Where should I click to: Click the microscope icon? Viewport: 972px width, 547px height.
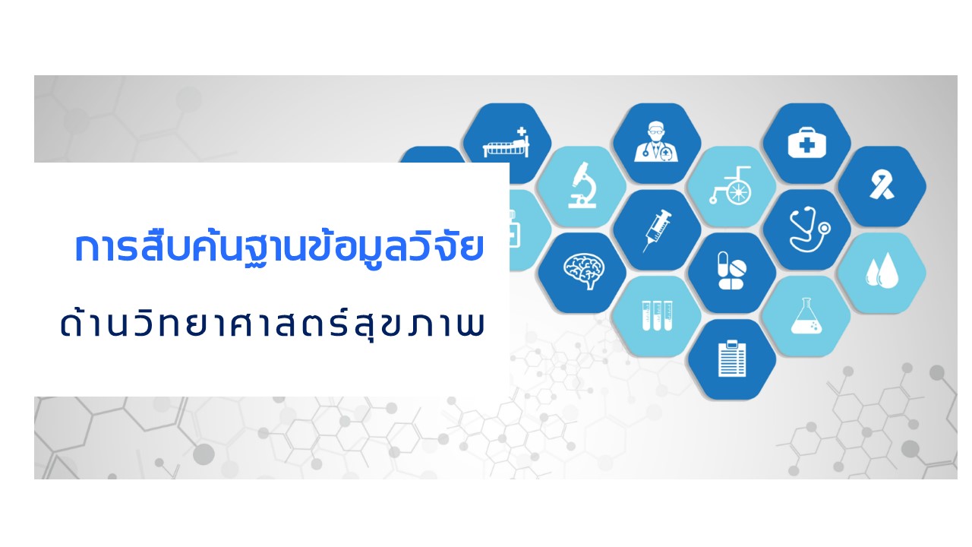(x=582, y=185)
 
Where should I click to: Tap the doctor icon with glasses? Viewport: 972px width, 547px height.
(x=656, y=141)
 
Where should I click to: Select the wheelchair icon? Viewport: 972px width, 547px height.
(x=731, y=185)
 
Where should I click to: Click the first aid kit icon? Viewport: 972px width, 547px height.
(x=806, y=142)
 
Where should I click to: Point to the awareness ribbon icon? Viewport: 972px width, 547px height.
(x=882, y=185)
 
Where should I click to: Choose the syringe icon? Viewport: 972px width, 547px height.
(x=657, y=230)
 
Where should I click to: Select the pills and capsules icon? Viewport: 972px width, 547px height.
(x=731, y=271)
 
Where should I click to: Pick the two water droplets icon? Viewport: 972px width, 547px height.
(x=882, y=271)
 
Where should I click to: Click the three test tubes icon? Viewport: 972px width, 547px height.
(x=657, y=315)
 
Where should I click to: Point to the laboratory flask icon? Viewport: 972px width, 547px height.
(x=806, y=315)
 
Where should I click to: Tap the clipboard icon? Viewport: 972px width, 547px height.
(x=732, y=359)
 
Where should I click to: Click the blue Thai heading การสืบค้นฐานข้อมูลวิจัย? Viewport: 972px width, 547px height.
(x=279, y=248)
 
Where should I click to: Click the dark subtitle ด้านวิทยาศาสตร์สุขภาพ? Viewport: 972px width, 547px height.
(x=272, y=324)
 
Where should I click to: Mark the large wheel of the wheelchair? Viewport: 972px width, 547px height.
(x=739, y=191)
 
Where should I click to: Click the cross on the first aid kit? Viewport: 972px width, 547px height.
(x=806, y=145)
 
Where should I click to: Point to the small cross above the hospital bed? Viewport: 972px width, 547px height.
(x=521, y=131)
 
